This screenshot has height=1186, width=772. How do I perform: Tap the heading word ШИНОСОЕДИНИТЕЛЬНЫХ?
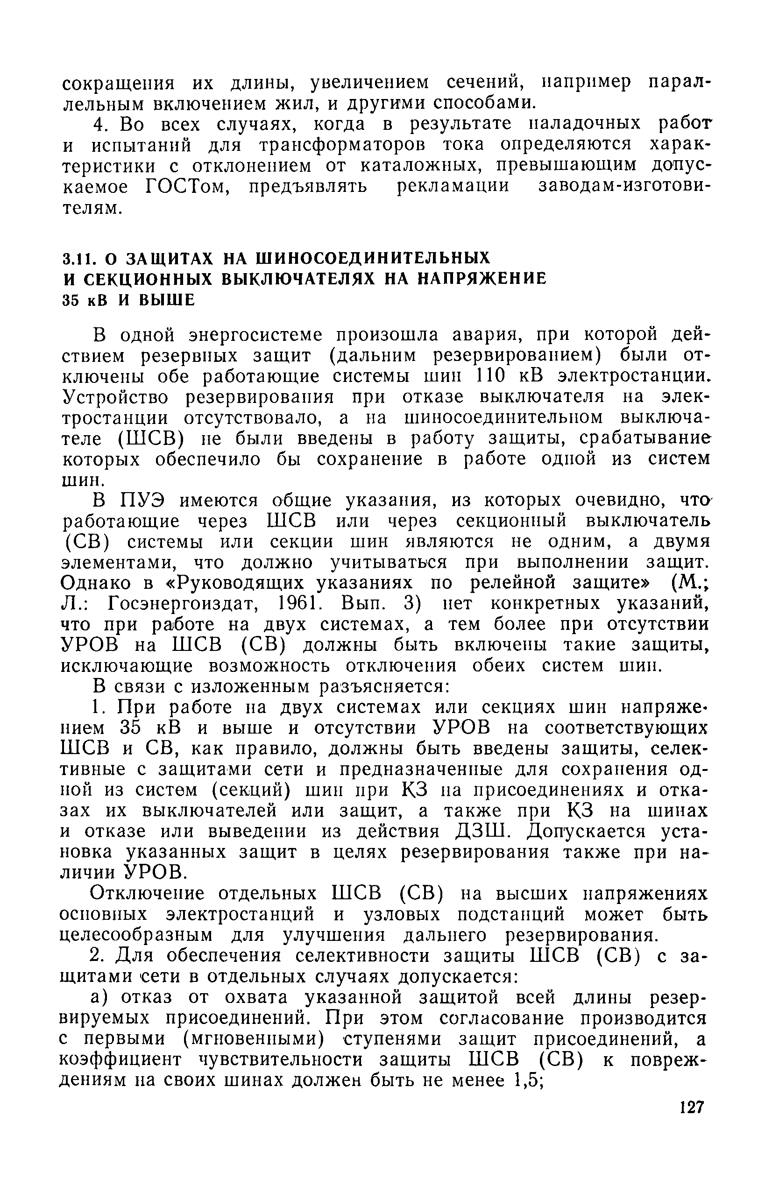coord(373,258)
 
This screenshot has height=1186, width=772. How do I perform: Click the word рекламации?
coord(453,187)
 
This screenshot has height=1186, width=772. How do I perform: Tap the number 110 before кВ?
coord(491,376)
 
